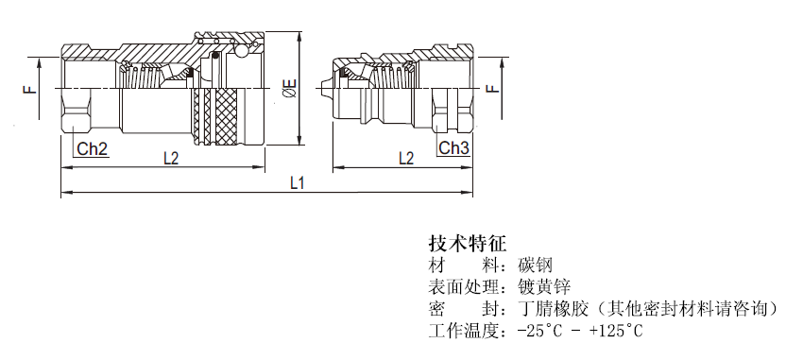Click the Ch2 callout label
coord(92,148)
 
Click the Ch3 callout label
coord(453,148)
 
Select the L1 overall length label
coord(297,181)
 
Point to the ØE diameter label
coord(290,90)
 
